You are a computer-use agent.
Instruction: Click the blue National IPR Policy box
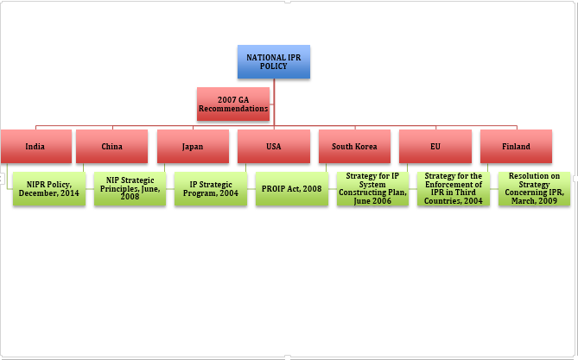tap(273, 61)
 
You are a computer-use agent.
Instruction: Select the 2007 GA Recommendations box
tap(232, 104)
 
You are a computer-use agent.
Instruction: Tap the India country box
tap(35, 146)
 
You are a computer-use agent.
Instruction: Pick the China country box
tap(111, 146)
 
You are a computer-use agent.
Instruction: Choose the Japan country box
tap(193, 146)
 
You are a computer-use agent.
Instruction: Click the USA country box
tap(274, 146)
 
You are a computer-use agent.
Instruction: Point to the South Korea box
tap(354, 146)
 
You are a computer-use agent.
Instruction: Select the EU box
tap(435, 146)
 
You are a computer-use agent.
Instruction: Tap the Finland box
tap(516, 146)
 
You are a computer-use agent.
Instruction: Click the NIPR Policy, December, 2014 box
tap(49, 188)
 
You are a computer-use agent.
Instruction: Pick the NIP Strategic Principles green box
tap(130, 188)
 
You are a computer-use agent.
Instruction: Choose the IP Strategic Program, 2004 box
tap(211, 188)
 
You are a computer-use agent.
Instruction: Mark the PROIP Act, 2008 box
tap(291, 188)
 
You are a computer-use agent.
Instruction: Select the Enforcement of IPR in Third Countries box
tap(454, 188)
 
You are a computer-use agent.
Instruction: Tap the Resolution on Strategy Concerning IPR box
tap(534, 188)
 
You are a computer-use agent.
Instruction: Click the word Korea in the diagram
tap(365, 147)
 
